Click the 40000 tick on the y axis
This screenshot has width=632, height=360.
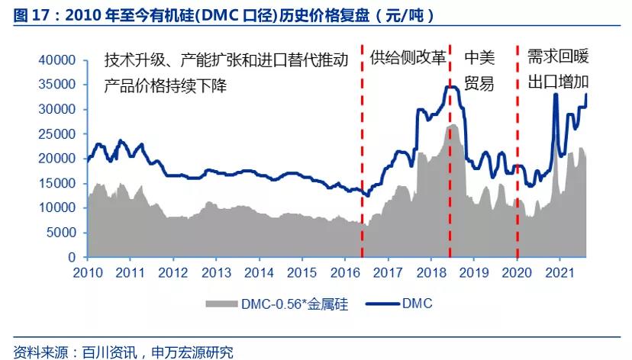(58, 60)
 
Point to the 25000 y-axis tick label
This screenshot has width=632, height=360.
(58, 134)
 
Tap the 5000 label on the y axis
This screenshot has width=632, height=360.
(62, 233)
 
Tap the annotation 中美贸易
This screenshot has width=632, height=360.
(479, 71)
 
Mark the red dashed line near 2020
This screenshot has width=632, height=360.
(518, 153)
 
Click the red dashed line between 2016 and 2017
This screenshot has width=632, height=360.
(362, 153)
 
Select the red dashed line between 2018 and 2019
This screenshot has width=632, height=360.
(450, 153)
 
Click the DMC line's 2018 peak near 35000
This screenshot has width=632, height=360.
(450, 87)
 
